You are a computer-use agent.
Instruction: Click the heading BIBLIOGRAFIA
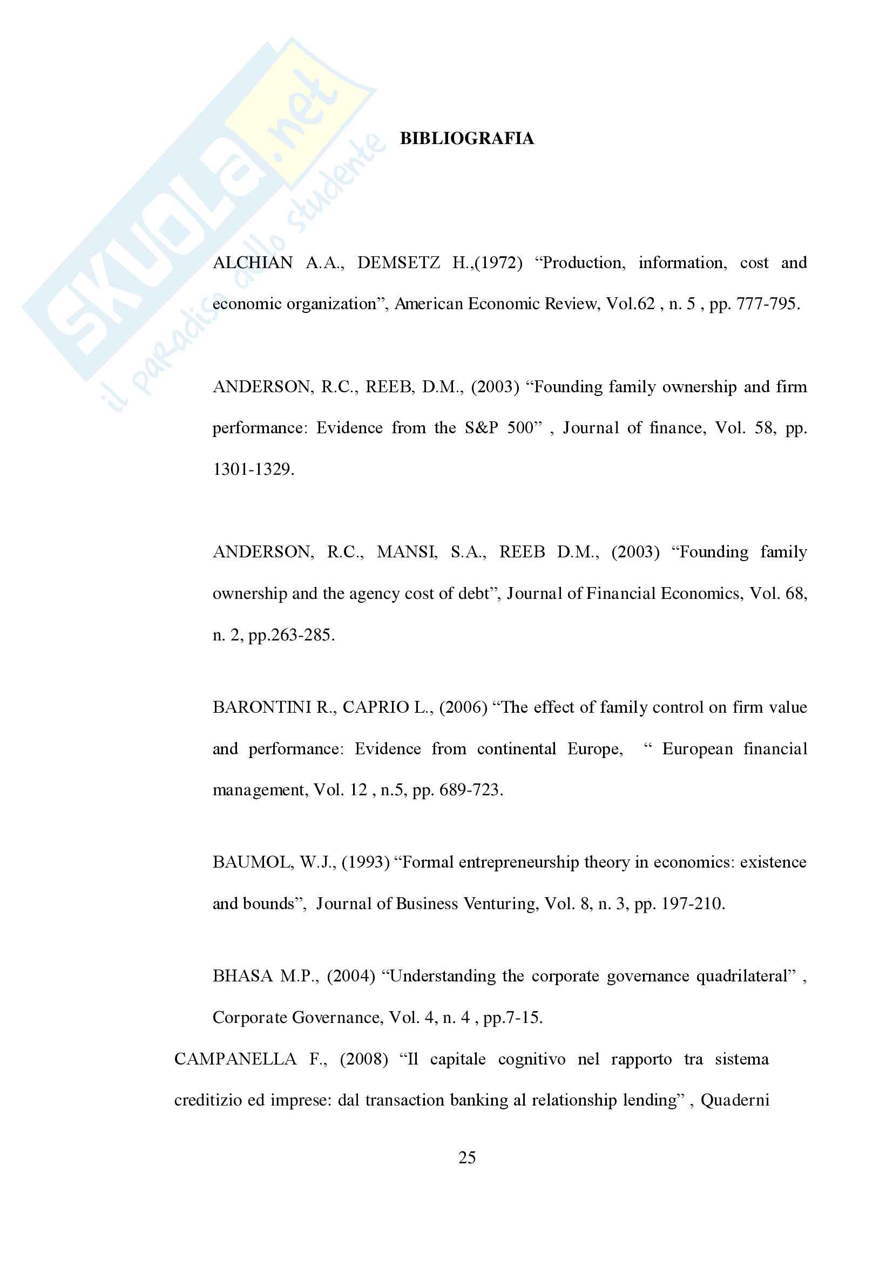(466, 139)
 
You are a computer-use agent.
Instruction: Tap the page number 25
(467, 1157)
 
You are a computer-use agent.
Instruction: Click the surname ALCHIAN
(252, 263)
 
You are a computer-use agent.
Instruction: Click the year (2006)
(463, 707)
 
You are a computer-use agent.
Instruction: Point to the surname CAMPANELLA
(235, 1059)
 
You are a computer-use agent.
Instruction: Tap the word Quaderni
(735, 1100)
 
